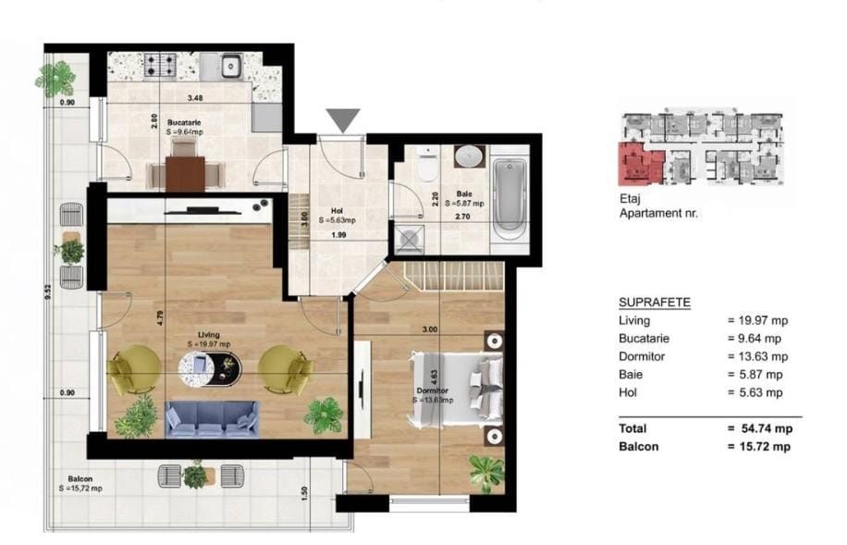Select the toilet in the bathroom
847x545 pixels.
tap(426, 167)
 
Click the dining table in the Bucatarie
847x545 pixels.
tap(186, 172)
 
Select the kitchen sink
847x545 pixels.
tap(229, 66)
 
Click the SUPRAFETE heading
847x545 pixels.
tap(654, 303)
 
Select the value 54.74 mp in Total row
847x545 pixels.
tap(758, 428)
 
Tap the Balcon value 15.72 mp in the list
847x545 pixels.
tap(758, 446)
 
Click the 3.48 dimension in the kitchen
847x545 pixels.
tap(195, 97)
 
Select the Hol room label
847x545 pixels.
tap(325, 210)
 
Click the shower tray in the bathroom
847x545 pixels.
tap(408, 239)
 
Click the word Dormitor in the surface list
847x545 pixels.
tap(641, 356)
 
